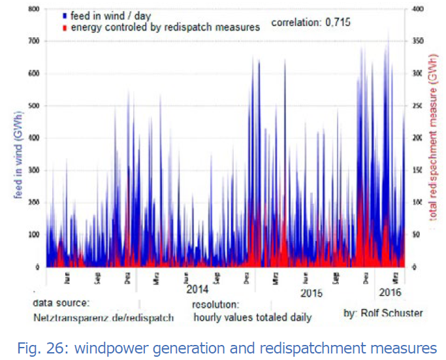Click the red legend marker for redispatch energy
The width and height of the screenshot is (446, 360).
65,27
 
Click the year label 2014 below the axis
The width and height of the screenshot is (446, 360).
197,289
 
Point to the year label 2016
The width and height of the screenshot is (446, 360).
391,291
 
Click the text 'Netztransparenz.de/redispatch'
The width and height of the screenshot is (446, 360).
104,318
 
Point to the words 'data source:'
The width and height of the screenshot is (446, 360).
61,303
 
